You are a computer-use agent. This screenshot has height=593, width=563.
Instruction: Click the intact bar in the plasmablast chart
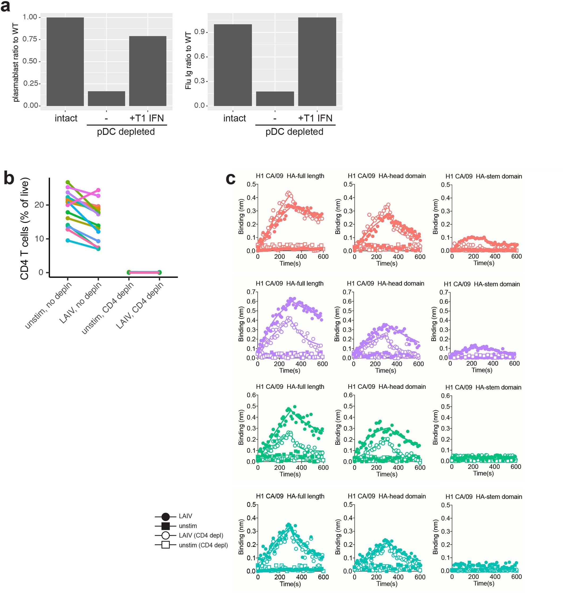coord(65,62)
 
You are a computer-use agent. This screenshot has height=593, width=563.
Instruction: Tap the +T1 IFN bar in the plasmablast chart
coord(147,71)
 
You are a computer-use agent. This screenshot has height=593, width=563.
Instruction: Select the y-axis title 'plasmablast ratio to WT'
coord(16,62)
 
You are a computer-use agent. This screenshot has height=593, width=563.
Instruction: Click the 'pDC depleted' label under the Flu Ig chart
coord(294,132)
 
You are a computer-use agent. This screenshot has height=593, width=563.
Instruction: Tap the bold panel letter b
coord(9,178)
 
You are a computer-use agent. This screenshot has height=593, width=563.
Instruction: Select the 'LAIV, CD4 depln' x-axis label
coord(140,305)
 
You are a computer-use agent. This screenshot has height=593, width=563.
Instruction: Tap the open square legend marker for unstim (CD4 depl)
coord(165,545)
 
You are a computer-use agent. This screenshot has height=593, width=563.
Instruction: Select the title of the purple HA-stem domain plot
coord(482,284)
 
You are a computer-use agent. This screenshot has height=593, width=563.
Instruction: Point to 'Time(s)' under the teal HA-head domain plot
coord(387,583)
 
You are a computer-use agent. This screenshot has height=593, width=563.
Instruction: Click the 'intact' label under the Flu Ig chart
coord(234,118)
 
